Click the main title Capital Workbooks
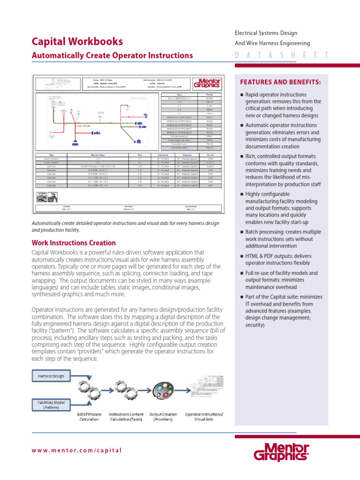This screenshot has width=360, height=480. (x=77, y=41)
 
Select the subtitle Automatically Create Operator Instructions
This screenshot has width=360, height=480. (x=112, y=55)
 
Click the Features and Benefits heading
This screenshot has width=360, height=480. (x=281, y=82)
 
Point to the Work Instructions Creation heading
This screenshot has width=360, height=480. (x=74, y=243)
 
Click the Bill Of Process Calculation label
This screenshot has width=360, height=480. (x=89, y=417)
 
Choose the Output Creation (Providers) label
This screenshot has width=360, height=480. (x=163, y=417)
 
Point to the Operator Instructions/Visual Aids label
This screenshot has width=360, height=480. (x=204, y=417)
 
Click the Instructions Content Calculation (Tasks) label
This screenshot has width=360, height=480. (x=126, y=417)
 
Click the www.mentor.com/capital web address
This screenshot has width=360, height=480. (x=76, y=450)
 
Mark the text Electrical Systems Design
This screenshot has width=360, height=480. (x=266, y=33)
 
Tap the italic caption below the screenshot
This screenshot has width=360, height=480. (x=125, y=227)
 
